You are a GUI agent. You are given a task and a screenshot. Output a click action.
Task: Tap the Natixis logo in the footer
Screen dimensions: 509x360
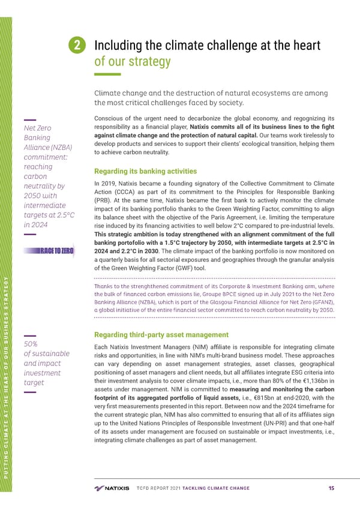pos(112,488)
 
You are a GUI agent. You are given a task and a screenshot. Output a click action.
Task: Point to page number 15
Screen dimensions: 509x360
pos(331,488)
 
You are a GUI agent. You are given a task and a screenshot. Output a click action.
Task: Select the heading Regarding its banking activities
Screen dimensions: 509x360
pos(146,171)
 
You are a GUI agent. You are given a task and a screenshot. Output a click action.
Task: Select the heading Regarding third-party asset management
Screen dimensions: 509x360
pos(161,334)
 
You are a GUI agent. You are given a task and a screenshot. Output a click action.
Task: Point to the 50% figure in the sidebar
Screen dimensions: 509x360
pos(30,345)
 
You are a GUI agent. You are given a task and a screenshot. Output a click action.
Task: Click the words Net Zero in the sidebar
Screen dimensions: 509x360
pos(38,128)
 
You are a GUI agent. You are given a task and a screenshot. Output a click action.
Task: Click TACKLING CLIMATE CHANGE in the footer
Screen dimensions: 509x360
pos(211,488)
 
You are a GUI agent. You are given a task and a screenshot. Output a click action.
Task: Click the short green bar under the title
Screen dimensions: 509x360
pos(107,75)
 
